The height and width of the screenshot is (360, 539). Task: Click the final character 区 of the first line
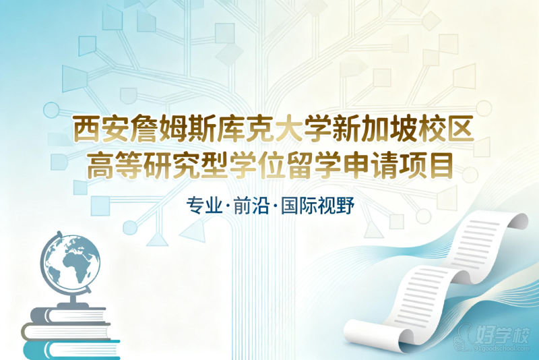point(461,129)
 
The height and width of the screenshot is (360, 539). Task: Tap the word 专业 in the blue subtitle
point(204,206)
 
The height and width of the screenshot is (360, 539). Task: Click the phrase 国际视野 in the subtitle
point(317,206)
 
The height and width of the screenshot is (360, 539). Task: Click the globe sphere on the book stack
point(71,262)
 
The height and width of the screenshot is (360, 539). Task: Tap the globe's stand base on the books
point(73,305)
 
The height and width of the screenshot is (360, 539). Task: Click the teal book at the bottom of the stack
point(71,350)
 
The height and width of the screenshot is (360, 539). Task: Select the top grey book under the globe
point(68,315)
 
